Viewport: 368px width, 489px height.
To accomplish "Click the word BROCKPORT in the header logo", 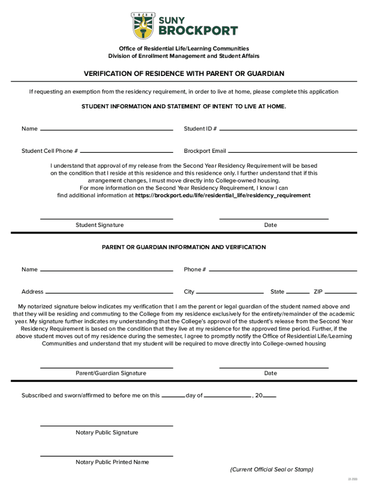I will (198, 31).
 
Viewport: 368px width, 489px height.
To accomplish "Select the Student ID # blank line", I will (288, 130).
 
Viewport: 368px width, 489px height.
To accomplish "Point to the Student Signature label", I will (99, 225).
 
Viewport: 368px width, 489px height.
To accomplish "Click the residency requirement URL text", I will (223, 195).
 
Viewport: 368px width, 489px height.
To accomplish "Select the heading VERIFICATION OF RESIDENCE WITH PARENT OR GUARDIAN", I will (184, 74).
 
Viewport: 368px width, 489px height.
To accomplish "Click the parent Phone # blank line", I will (283, 271).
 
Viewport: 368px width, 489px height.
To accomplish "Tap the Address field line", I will (109, 293).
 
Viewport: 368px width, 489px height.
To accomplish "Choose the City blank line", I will (230, 293).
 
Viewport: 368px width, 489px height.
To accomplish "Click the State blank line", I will (297, 293).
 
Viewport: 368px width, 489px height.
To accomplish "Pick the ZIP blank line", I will (341, 293).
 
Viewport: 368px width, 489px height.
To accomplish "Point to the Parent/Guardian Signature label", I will (111, 373).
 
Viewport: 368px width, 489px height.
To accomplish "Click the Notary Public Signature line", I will (107, 425).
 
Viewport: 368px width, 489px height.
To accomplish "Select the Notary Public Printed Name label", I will (112, 462).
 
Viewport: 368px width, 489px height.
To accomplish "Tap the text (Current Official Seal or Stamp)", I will (271, 469).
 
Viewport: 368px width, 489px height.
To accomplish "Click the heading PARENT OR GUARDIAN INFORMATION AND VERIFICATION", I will (184, 247).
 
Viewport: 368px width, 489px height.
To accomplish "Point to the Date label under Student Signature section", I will (271, 225).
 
